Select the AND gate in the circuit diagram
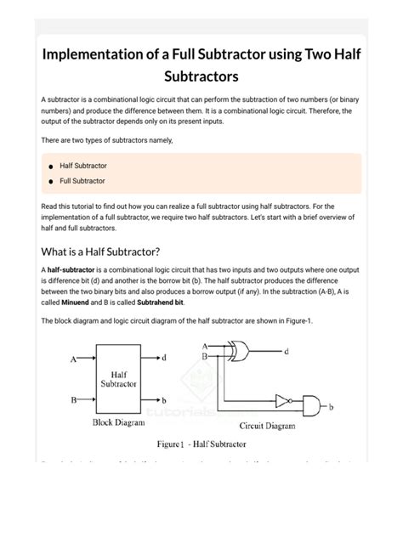(x=312, y=404)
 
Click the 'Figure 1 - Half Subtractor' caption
(x=201, y=444)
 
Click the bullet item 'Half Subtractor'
(x=82, y=166)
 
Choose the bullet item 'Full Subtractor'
(x=82, y=181)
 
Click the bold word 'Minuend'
(x=78, y=302)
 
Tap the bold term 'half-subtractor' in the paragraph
(x=71, y=269)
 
